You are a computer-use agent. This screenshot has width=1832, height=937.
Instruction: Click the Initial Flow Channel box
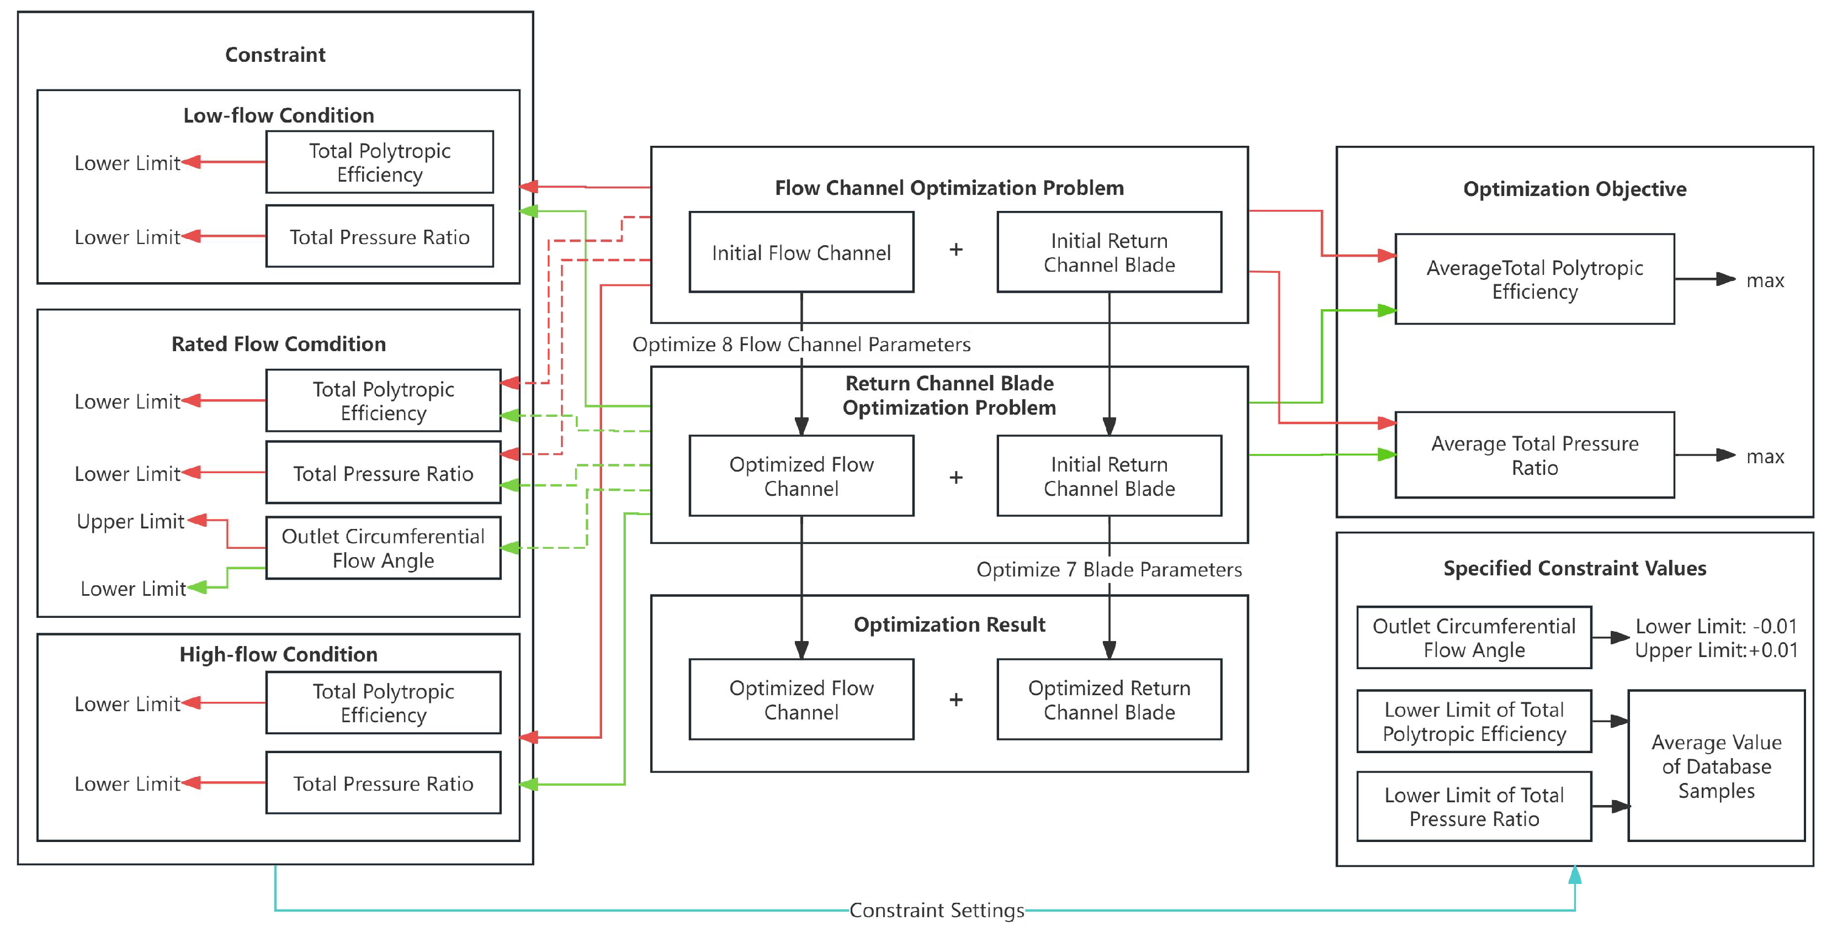pos(801,252)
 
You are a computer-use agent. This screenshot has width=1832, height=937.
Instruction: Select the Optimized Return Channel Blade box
pos(1109,700)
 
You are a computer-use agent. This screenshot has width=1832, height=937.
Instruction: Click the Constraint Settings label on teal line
pos(936,910)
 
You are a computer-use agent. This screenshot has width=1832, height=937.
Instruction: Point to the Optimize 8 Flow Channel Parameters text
pos(801,345)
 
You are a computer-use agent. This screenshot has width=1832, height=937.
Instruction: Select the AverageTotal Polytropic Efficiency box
pos(1534,279)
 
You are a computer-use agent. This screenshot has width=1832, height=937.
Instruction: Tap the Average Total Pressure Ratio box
pos(1534,456)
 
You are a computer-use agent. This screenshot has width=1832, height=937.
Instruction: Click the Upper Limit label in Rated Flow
pos(130,521)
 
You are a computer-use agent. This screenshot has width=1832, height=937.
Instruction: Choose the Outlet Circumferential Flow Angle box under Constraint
pos(383,548)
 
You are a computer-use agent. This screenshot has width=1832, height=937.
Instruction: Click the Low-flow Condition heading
pos(278,115)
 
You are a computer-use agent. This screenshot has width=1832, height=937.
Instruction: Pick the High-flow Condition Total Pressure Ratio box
pos(383,784)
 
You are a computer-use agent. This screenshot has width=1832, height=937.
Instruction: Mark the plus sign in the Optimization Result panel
pos(956,700)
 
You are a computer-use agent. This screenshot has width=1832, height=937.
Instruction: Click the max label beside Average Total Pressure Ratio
pos(1765,456)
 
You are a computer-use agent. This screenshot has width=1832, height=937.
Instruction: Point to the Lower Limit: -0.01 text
pos(1716,626)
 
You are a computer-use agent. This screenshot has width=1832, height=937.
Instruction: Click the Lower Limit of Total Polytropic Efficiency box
pos(1474,722)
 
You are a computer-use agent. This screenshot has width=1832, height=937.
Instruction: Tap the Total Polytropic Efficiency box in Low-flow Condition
pos(379,162)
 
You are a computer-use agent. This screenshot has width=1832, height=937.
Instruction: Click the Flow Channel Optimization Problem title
pos(949,188)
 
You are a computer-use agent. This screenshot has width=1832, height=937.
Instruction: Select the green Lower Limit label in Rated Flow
pos(133,589)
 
